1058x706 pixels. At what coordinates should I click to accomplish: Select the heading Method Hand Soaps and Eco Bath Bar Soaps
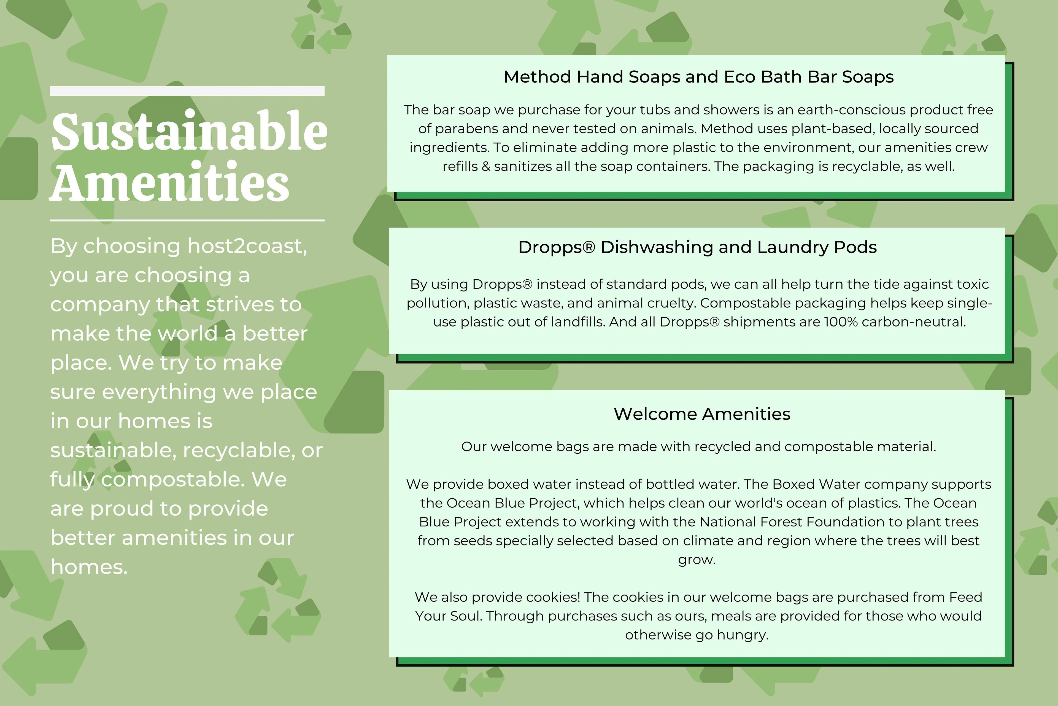pyautogui.click(x=699, y=77)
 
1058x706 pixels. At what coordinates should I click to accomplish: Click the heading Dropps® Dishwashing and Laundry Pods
pyautogui.click(x=697, y=247)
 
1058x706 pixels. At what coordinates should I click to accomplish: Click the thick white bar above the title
pyautogui.click(x=187, y=91)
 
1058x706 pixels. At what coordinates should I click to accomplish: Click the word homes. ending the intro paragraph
pyautogui.click(x=89, y=566)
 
